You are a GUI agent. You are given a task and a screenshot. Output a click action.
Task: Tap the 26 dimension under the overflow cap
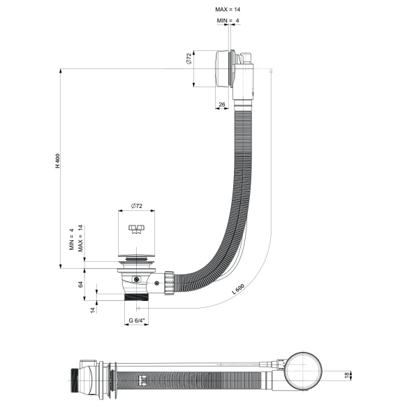click(222, 105)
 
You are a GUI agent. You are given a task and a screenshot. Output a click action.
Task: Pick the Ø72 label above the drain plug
click(137, 207)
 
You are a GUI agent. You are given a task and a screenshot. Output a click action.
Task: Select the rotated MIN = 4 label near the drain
click(71, 239)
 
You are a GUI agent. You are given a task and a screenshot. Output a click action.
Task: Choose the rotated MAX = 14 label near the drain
click(81, 238)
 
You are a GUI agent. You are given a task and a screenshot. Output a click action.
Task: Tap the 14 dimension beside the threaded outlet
click(91, 309)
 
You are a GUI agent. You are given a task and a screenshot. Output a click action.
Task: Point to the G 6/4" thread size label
click(137, 322)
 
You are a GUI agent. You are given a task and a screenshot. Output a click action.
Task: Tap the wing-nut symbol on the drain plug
click(137, 228)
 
